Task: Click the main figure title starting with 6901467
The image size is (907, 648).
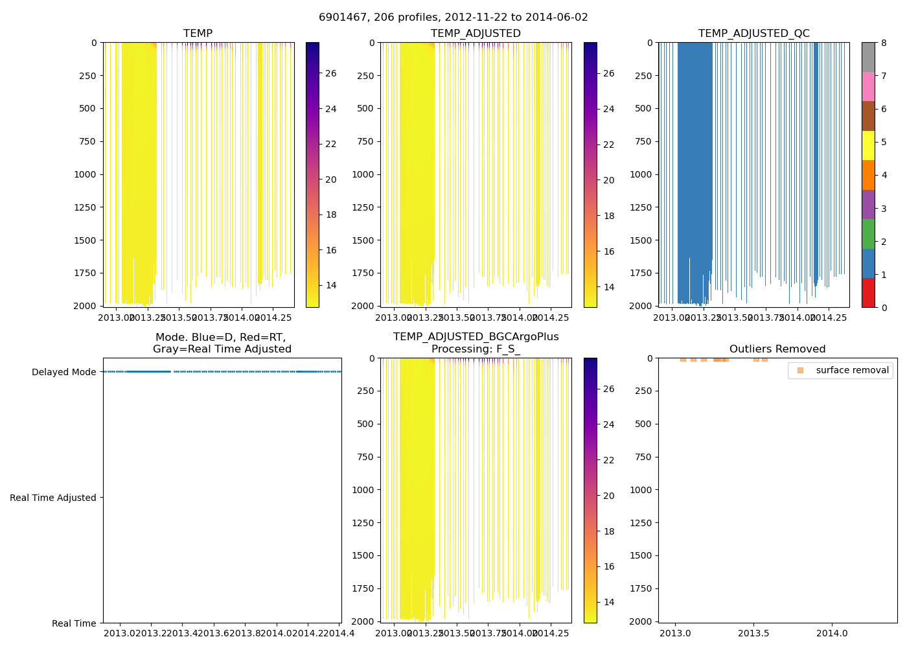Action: pos(454,17)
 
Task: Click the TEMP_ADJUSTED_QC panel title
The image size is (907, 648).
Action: pos(753,34)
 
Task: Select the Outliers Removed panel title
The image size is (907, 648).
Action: pos(777,349)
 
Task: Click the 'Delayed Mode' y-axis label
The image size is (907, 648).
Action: pos(63,372)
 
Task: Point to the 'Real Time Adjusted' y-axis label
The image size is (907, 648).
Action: pos(53,498)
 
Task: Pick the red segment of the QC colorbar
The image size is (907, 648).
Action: pos(868,292)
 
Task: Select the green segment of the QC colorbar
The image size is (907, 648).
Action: pos(868,233)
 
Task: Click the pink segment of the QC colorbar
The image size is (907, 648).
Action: pos(868,86)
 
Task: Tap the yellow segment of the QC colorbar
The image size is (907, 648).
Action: pos(868,145)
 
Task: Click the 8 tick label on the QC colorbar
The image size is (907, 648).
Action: pos(884,43)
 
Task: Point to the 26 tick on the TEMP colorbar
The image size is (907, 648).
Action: pos(330,73)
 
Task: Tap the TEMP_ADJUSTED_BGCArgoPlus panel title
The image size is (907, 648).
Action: pos(476,343)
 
